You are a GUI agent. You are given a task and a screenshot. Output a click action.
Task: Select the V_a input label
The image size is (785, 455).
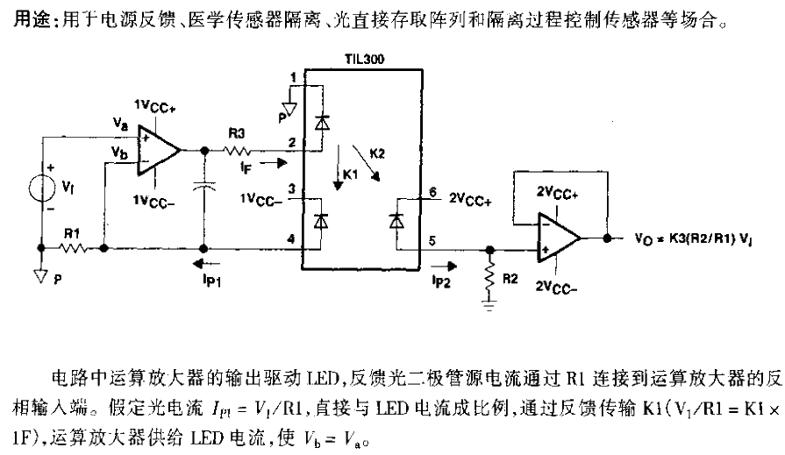coord(121,125)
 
